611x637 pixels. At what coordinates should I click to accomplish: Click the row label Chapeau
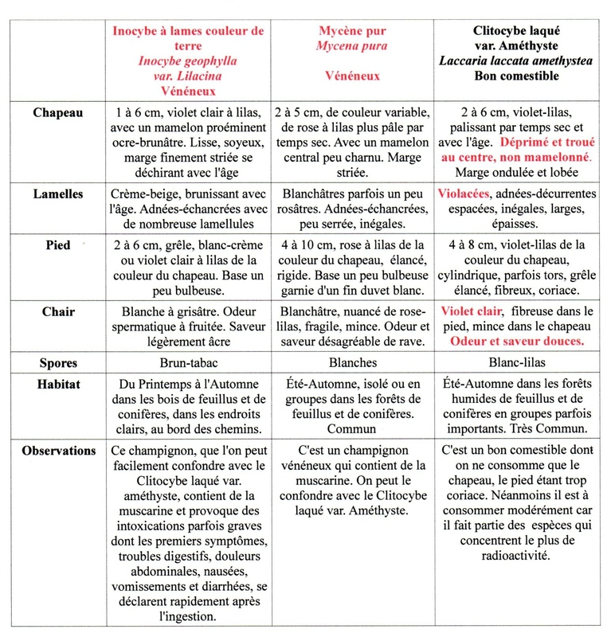click(57, 113)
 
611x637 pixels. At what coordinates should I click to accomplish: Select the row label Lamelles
click(58, 193)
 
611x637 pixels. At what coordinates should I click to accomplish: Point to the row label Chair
click(58, 312)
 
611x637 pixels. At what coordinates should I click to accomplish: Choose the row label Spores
click(58, 363)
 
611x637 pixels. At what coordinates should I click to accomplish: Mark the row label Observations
click(58, 451)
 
